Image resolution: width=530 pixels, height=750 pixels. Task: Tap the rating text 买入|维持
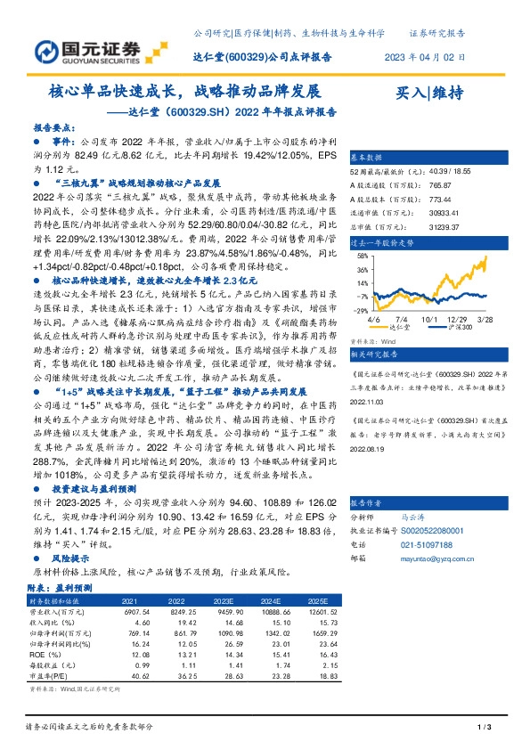click(x=428, y=93)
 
